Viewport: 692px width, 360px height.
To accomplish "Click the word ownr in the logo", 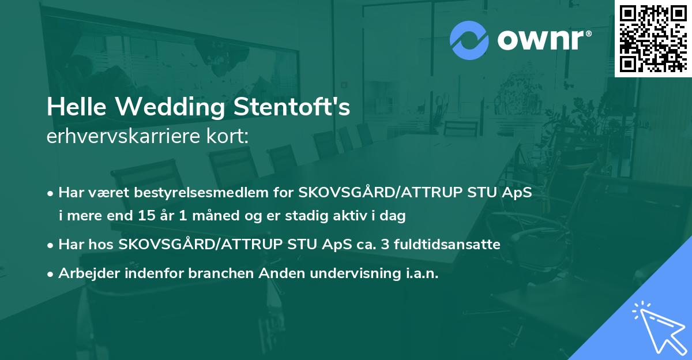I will [541, 40].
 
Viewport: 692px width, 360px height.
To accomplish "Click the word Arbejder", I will [88, 273].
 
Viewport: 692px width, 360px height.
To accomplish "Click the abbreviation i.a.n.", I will [418, 273].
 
